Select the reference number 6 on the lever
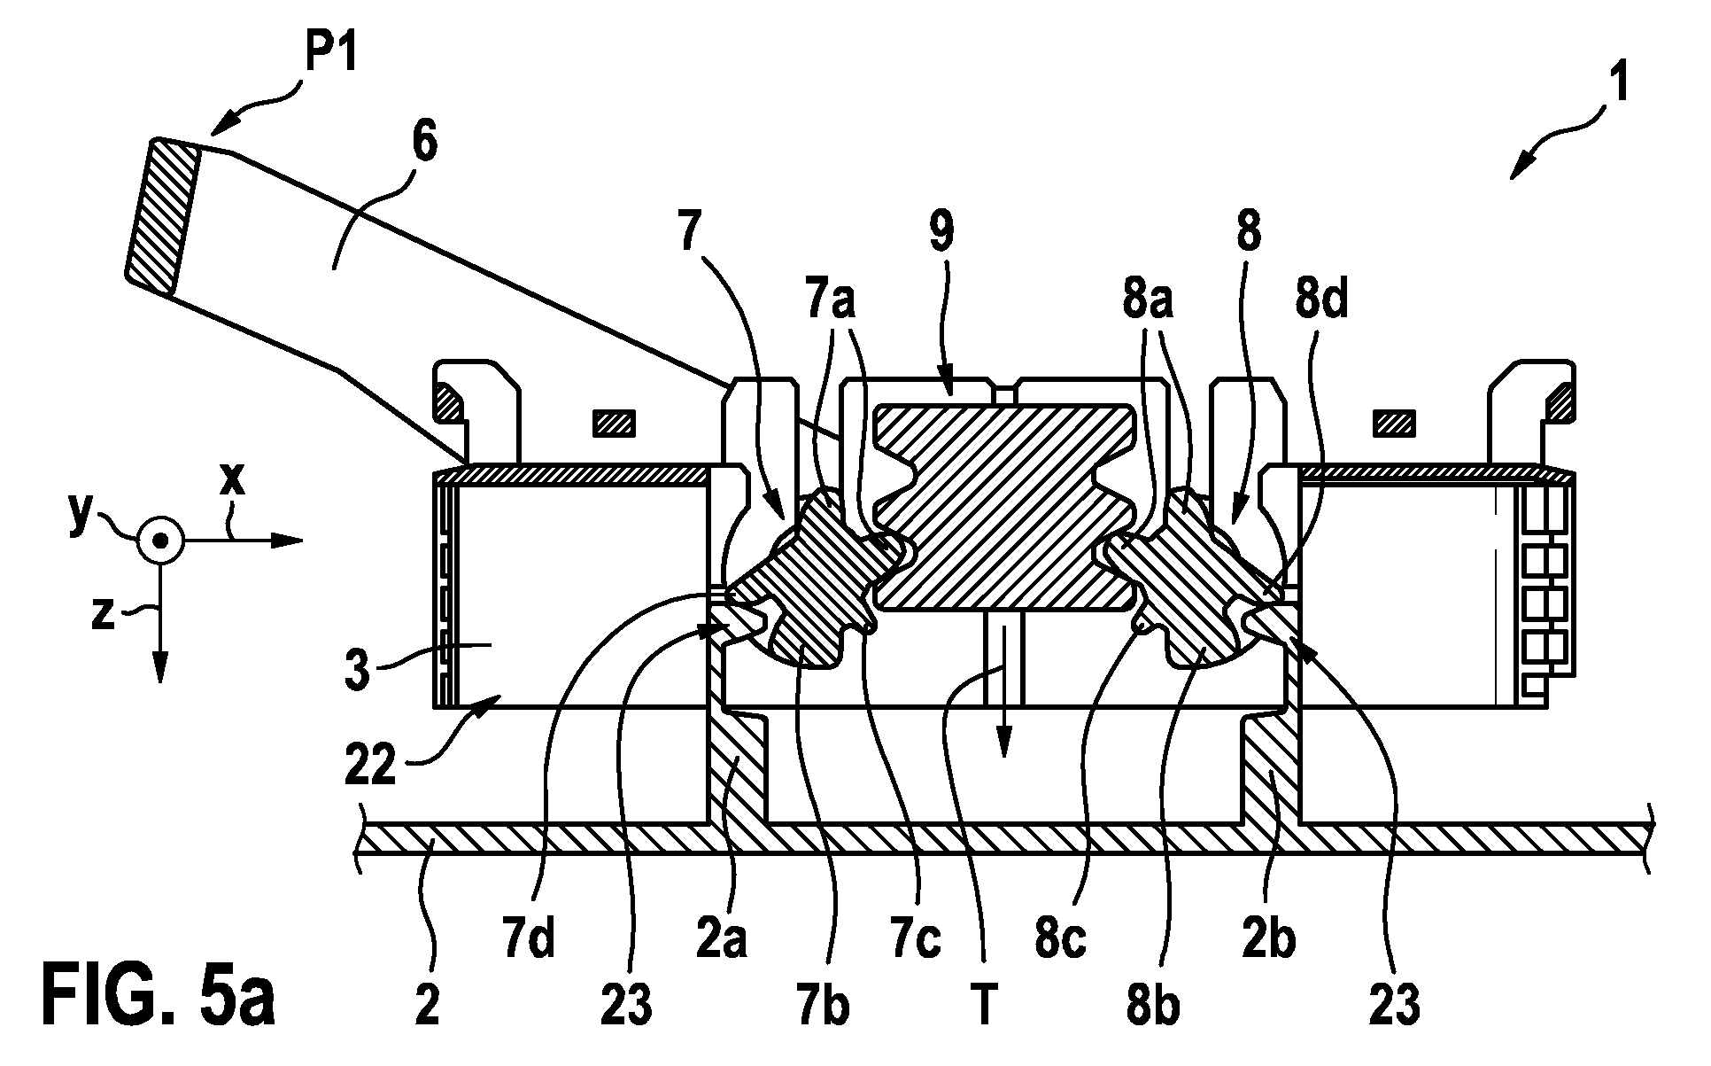423,144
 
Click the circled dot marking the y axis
159,540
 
